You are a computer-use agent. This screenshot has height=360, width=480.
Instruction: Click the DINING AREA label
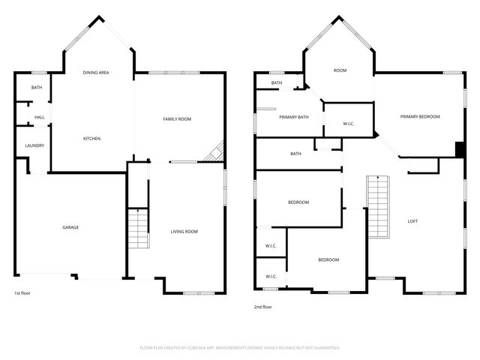click(x=96, y=72)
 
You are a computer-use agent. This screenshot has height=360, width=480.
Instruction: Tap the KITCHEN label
click(x=91, y=139)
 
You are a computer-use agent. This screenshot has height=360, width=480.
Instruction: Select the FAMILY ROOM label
click(x=178, y=119)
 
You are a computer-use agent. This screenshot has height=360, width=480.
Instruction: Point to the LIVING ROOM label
click(x=184, y=232)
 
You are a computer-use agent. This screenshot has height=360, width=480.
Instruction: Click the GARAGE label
click(x=70, y=227)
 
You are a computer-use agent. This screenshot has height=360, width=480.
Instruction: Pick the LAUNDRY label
click(x=34, y=145)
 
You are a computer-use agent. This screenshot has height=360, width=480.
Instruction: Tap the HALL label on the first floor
click(x=39, y=117)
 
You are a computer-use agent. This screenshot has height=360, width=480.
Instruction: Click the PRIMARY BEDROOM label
click(x=419, y=116)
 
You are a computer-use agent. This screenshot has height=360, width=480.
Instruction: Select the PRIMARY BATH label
click(x=294, y=117)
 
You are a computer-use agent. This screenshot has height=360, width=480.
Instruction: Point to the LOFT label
click(x=412, y=221)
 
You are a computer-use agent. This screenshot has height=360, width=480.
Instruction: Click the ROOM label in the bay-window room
click(x=340, y=70)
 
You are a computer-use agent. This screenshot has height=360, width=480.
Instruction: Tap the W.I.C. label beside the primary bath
click(x=348, y=124)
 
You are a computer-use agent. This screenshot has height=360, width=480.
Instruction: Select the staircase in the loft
click(x=379, y=207)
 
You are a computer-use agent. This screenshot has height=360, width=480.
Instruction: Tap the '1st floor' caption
click(x=22, y=292)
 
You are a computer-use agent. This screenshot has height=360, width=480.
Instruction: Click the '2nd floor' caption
click(x=262, y=307)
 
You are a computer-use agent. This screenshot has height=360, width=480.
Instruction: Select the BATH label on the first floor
click(x=36, y=88)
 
